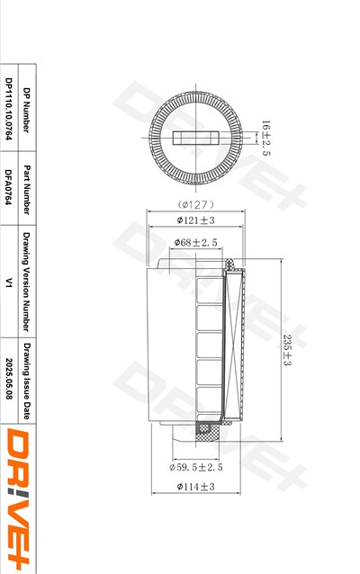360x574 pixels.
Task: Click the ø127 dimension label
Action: point(195,204)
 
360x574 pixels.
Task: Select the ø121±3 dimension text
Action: point(195,220)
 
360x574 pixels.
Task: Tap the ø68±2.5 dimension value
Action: point(195,242)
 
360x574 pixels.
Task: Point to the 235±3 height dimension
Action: point(287,350)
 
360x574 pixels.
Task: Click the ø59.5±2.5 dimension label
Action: point(196,467)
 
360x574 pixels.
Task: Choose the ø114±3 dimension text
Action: point(195,487)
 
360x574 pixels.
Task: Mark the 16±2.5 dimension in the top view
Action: point(265,138)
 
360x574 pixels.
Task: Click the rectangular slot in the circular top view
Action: point(195,138)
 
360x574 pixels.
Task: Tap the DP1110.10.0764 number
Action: point(9,109)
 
